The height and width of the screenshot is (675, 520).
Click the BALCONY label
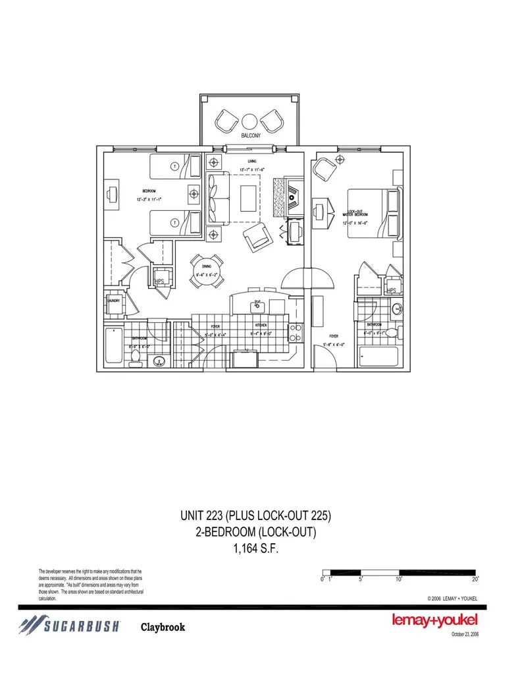tap(251, 136)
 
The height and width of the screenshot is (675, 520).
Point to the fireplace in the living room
tap(288, 196)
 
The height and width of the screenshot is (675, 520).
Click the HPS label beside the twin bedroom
tap(159, 282)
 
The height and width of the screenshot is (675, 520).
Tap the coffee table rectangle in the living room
tap(249, 197)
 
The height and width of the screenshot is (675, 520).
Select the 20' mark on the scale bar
tap(476, 579)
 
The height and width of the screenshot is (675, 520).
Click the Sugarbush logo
tap(69, 626)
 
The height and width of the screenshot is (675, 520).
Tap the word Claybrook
tap(163, 627)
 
